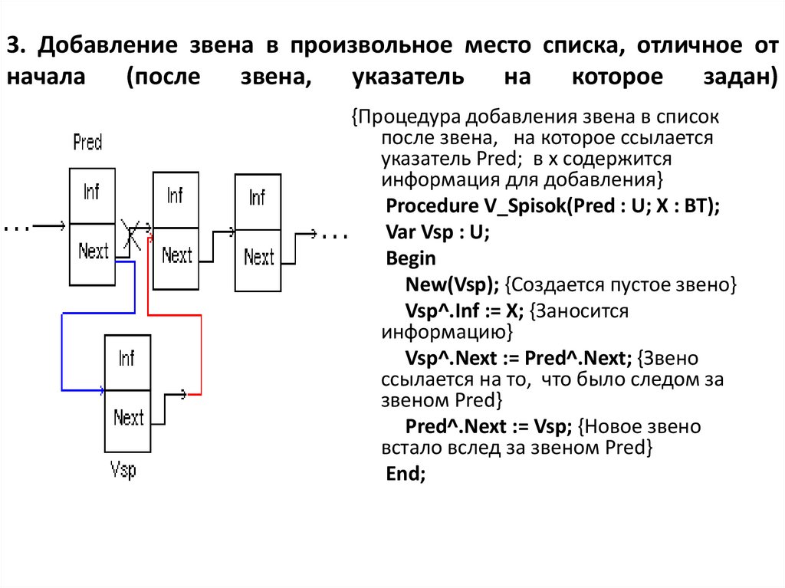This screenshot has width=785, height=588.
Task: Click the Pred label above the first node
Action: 87,142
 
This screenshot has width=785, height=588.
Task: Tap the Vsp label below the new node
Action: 123,468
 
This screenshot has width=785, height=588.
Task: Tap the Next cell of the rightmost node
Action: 258,258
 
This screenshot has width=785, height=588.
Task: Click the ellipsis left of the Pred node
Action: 17,227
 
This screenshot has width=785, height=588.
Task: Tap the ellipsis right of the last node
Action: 335,235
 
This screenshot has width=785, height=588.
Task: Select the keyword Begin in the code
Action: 411,258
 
